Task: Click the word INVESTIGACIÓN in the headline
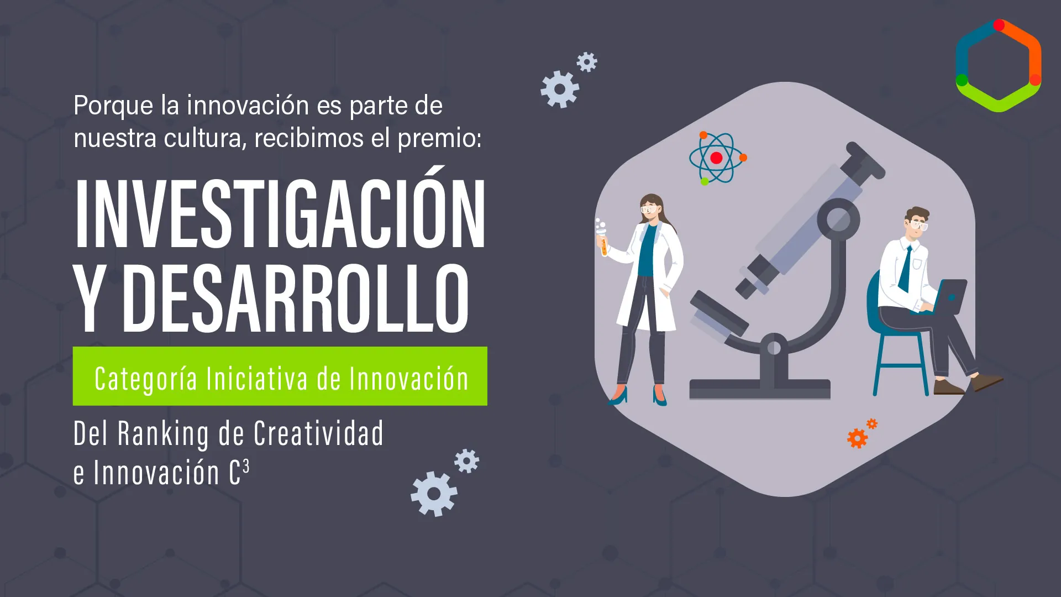click(x=280, y=214)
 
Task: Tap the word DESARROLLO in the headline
click(x=296, y=298)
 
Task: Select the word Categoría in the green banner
click(x=146, y=379)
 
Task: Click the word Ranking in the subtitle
click(x=164, y=434)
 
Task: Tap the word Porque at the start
click(x=113, y=106)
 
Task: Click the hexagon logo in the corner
click(x=998, y=66)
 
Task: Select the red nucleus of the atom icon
click(x=716, y=158)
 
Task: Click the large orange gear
click(x=857, y=438)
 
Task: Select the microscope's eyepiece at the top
click(x=864, y=160)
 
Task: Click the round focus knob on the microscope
click(x=838, y=219)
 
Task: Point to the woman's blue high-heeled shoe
click(x=619, y=396)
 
